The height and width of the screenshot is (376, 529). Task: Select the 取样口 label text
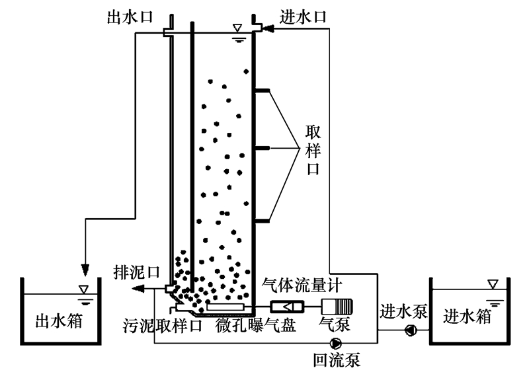pyautogui.click(x=313, y=149)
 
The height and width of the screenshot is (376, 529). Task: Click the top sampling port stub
pyautogui.click(x=261, y=90)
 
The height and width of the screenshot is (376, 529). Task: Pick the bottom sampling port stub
pyautogui.click(x=261, y=219)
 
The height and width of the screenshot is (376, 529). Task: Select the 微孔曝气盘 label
pyautogui.click(x=256, y=325)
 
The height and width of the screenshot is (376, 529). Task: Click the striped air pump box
pyautogui.click(x=337, y=307)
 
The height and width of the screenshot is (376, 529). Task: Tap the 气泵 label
pyautogui.click(x=332, y=325)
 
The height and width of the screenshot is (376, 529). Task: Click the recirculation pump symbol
pyautogui.click(x=336, y=343)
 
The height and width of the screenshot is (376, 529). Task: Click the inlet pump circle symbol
pyautogui.click(x=411, y=329)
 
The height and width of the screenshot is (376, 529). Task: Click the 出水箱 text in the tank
pyautogui.click(x=58, y=322)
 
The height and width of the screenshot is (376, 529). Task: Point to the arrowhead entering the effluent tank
pyautogui.click(x=85, y=270)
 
